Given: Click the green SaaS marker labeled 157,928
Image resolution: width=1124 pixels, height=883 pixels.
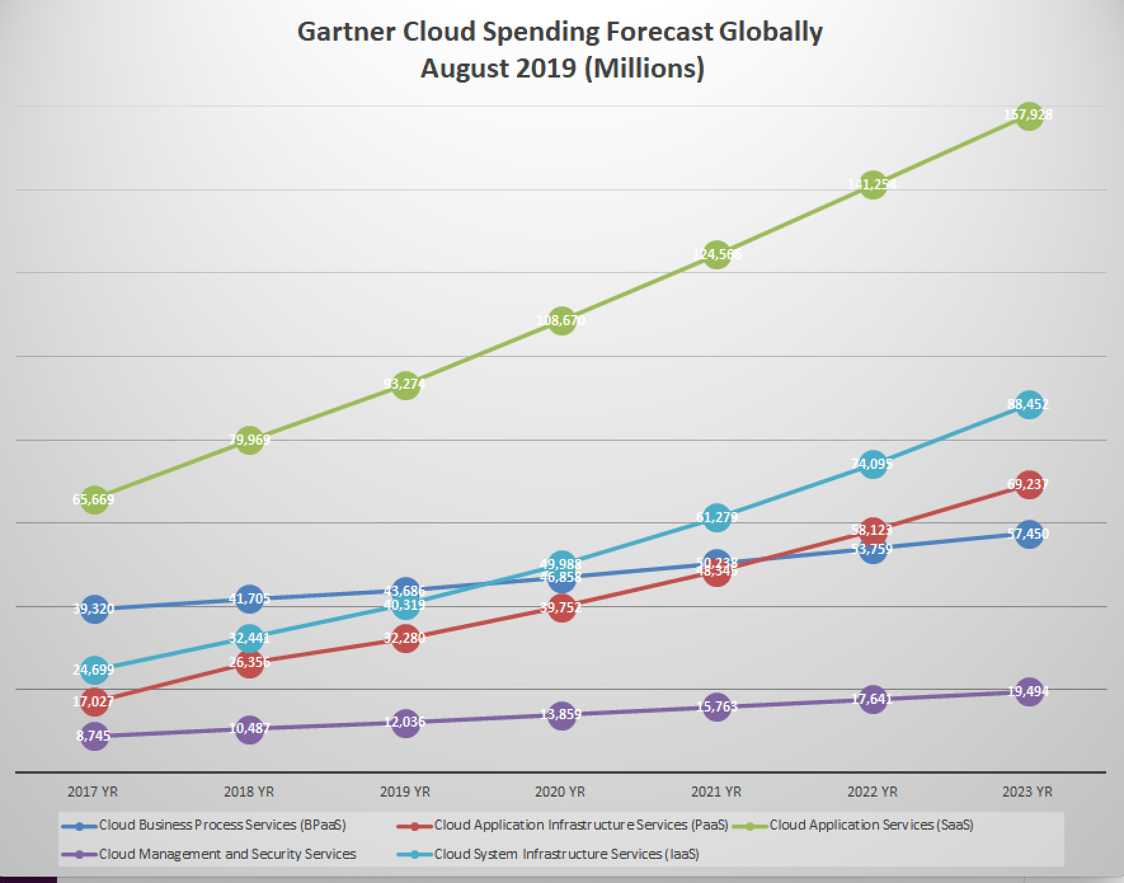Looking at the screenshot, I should [1029, 116].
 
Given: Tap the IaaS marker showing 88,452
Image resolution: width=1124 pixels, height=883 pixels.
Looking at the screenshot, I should [1029, 405].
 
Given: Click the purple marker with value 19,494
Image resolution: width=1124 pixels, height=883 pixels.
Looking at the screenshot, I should [1029, 692].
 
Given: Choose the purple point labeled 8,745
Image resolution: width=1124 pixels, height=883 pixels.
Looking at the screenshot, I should [94, 736].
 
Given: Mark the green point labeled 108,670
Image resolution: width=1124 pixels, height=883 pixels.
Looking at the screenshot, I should [561, 321].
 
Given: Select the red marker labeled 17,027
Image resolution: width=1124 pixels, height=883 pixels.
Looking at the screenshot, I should [94, 702].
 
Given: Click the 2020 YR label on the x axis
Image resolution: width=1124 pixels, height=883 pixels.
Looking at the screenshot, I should [560, 792].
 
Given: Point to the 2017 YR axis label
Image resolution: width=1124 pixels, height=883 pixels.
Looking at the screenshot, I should [93, 792].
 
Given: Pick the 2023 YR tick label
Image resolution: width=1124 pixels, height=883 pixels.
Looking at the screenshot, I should [1027, 792].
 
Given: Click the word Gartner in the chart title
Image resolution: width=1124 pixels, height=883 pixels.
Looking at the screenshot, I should [346, 32].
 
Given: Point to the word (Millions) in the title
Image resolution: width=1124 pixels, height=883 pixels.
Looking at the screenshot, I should [643, 68].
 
